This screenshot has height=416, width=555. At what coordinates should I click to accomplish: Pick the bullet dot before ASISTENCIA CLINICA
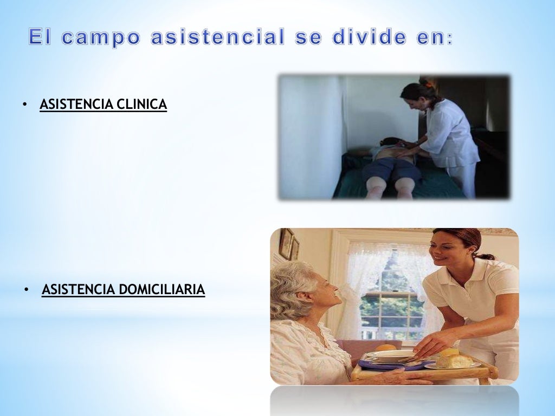pos(25,105)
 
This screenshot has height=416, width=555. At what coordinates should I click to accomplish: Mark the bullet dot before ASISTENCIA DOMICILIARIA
pos(26,290)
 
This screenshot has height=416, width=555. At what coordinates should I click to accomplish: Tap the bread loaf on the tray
pos(454,360)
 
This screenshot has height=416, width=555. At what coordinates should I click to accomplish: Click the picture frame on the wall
pos(286,244)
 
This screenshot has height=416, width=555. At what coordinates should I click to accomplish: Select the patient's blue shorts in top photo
pos(391,169)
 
